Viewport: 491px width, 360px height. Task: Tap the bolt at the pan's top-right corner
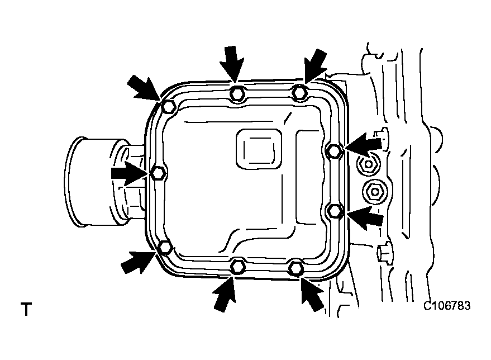click(300, 92)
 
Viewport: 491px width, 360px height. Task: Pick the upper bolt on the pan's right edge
click(334, 150)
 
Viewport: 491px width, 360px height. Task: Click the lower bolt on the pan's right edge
click(334, 211)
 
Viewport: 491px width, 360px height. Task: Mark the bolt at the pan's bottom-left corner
click(165, 247)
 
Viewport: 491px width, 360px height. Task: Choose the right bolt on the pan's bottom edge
click(297, 268)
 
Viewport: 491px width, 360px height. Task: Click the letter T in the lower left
click(26, 309)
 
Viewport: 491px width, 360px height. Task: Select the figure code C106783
click(447, 306)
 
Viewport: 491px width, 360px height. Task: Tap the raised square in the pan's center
click(258, 148)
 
